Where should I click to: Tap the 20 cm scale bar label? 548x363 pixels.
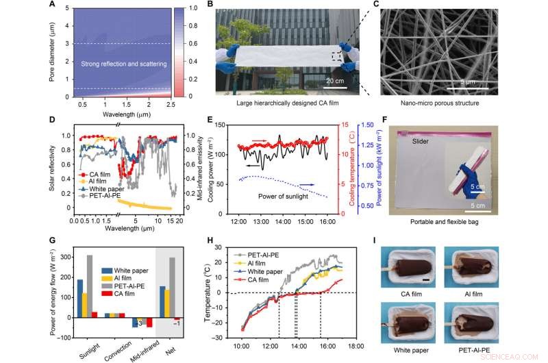click(334, 82)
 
